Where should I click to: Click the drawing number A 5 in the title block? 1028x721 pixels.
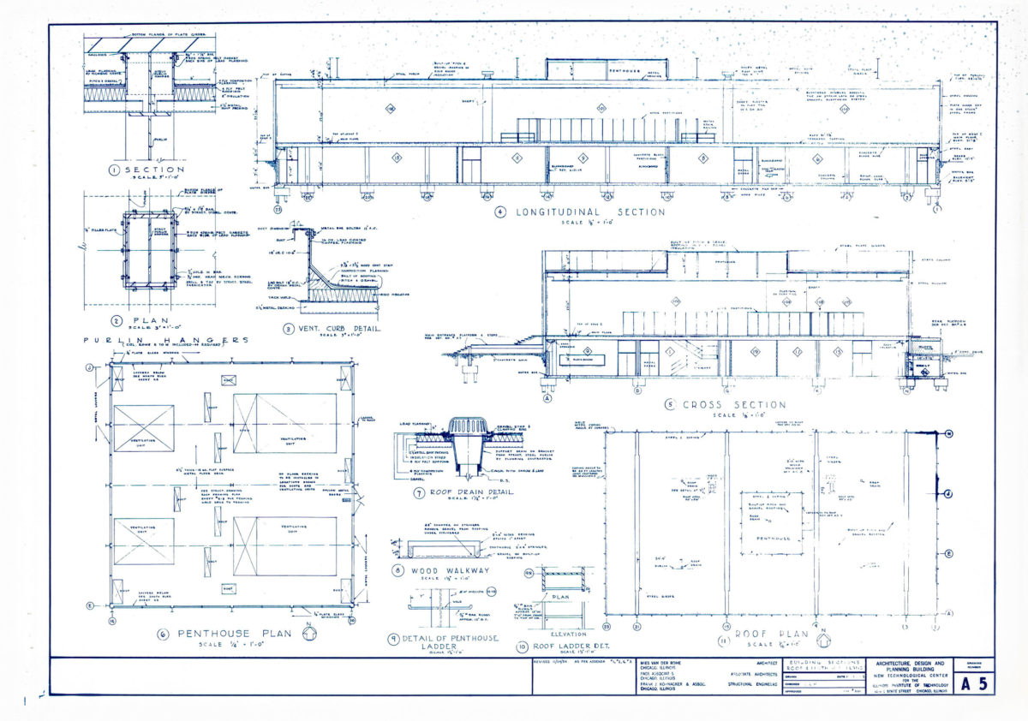coord(977,682)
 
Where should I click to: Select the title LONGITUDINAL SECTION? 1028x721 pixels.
coord(590,212)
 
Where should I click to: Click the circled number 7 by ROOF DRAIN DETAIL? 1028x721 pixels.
coord(397,494)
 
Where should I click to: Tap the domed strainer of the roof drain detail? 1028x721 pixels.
coord(467,428)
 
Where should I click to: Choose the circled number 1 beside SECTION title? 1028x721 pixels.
coord(114,170)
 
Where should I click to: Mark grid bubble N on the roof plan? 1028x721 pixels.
coord(948,434)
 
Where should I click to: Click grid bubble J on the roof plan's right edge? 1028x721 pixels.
coord(948,493)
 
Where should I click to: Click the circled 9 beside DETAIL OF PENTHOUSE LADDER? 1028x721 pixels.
coord(393,638)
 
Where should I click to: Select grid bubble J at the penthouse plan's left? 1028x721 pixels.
coord(89,368)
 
